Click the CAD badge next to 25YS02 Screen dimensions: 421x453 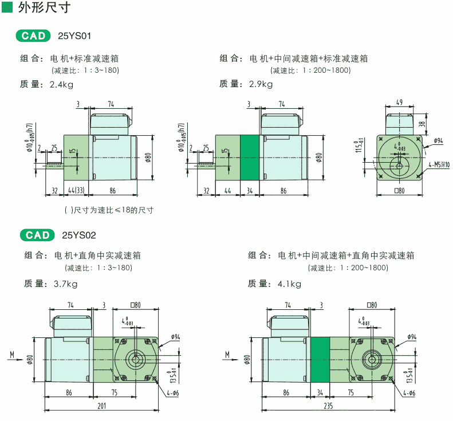point(37,235)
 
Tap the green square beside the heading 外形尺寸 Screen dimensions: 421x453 point(7,9)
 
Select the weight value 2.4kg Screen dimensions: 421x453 point(61,84)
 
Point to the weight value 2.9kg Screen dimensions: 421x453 point(261,84)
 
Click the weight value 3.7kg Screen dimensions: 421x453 point(65,284)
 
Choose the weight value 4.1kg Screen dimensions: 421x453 point(289,284)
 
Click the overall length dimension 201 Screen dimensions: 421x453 point(102,406)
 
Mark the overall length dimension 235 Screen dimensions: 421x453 point(328,406)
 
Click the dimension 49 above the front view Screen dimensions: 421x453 point(399,103)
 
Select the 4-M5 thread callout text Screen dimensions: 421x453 point(438,164)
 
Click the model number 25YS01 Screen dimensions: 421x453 point(74,36)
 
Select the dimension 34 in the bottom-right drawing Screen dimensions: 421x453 point(320,393)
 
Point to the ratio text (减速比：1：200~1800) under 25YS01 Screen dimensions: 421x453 point(311,70)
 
